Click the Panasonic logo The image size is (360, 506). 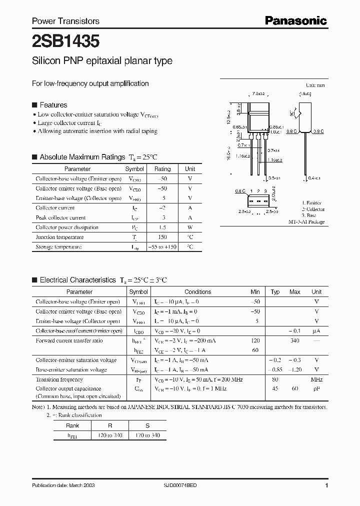click(295, 20)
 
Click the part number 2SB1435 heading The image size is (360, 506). click(59, 40)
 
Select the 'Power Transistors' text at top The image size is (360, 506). click(65, 21)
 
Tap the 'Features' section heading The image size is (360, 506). click(53, 105)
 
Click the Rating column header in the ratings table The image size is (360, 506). click(162, 169)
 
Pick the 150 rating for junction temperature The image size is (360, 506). click(162, 237)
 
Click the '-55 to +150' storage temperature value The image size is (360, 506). click(162, 247)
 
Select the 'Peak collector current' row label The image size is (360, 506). click(60, 217)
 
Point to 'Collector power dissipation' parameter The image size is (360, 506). click(67, 227)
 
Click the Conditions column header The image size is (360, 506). click(198, 292)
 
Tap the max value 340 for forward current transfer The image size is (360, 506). click(294, 340)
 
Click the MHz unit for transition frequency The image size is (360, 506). click(316, 379)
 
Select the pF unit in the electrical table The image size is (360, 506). click(316, 388)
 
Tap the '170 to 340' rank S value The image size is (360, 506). click(148, 436)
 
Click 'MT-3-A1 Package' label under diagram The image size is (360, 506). click(306, 221)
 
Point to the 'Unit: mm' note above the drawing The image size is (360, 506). click(315, 86)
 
